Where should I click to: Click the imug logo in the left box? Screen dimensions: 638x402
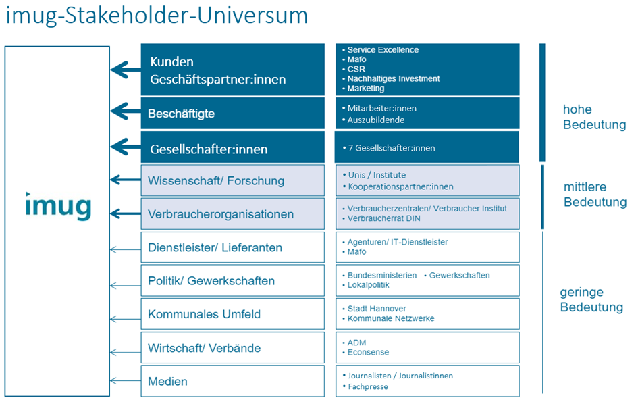tap(58, 207)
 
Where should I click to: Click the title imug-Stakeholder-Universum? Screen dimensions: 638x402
tap(157, 16)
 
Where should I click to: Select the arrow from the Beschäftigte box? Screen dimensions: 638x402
tap(126, 111)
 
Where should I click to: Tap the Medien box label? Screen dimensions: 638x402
tap(167, 382)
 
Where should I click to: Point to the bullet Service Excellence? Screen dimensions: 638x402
tap(383, 50)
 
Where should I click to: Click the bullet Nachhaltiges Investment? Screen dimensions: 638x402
tap(394, 78)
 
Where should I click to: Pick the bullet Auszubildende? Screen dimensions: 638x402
tap(375, 120)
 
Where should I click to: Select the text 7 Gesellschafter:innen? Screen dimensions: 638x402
tap(392, 148)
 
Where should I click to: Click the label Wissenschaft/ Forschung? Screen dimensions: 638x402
tap(216, 181)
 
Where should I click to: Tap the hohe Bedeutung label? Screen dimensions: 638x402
tap(595, 117)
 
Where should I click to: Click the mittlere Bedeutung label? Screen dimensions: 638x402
tap(595, 195)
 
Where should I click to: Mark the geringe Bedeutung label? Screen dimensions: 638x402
tap(591, 299)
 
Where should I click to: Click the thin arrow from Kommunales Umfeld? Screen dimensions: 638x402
tap(126, 319)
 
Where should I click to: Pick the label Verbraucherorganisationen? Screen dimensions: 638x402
tap(221, 214)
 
